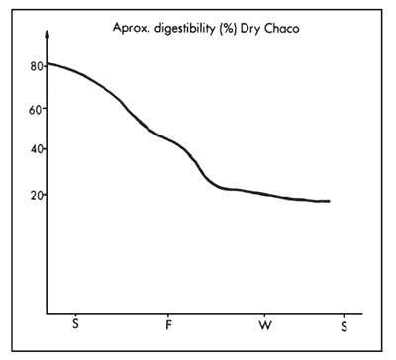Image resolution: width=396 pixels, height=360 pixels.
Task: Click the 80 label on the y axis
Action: coord(36,66)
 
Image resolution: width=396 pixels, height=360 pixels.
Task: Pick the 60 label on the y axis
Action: coord(36,110)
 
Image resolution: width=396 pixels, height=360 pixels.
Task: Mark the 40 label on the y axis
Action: coord(36,150)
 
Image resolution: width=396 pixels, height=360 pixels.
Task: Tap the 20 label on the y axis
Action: coord(36,195)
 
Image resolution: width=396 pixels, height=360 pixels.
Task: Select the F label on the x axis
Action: coord(169,325)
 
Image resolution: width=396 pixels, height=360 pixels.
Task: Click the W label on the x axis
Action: coord(264,325)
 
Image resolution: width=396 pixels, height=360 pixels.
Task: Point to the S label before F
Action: coord(75,325)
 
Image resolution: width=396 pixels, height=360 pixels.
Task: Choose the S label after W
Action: coord(344,325)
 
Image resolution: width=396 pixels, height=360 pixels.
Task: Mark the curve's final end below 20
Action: coord(329,201)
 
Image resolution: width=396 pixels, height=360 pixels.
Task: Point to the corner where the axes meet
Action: coord(47,314)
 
